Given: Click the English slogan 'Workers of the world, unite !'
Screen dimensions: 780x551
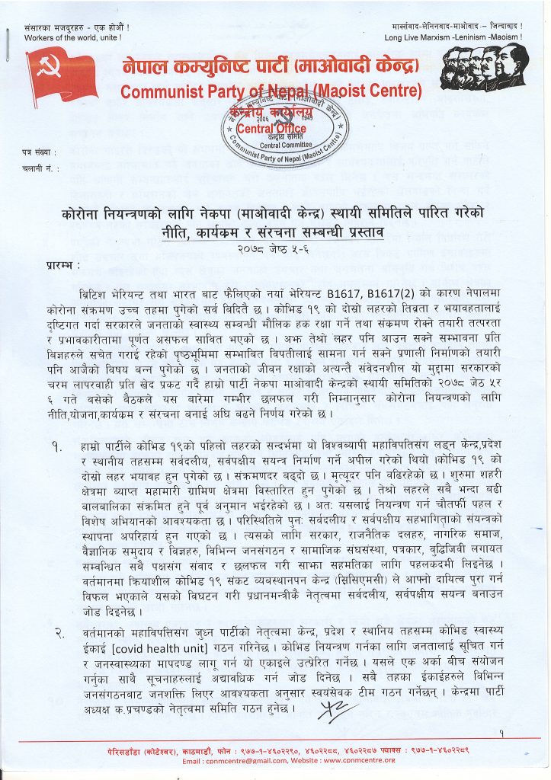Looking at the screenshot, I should [x=73, y=37].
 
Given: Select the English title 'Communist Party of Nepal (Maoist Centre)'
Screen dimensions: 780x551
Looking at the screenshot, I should [x=271, y=92].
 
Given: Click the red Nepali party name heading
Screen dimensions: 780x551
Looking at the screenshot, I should [x=271, y=68].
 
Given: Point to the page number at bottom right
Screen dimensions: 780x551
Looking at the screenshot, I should [x=502, y=733].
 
